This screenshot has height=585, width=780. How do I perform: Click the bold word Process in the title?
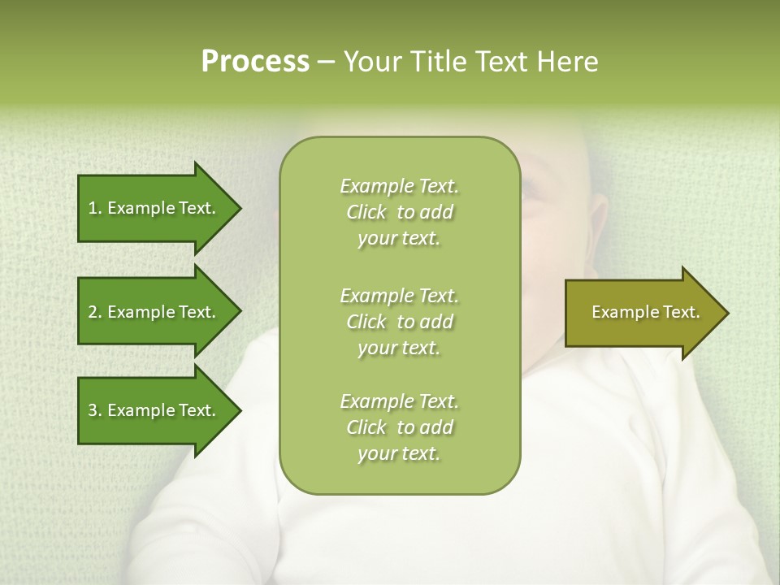(255, 62)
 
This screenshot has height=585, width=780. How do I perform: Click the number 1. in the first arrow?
(95, 208)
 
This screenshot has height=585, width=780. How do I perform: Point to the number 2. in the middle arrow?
(95, 312)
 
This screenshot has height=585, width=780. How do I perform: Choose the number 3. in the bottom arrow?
(95, 410)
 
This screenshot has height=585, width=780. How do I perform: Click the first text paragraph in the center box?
(399, 212)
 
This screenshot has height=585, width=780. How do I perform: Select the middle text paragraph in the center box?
(399, 322)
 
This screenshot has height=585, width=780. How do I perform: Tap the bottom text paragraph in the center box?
(399, 427)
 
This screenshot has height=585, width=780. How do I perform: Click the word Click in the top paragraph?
(366, 212)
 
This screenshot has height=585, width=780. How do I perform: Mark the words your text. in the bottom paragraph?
(399, 454)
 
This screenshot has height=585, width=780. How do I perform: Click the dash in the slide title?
(326, 63)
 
